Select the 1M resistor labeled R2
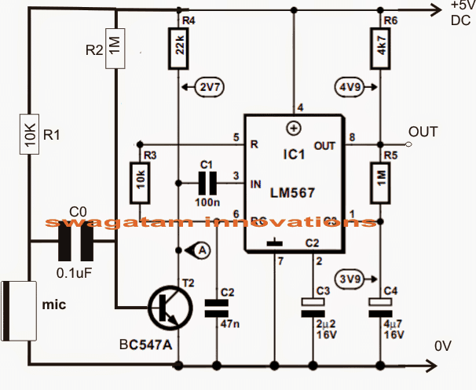[115, 49]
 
